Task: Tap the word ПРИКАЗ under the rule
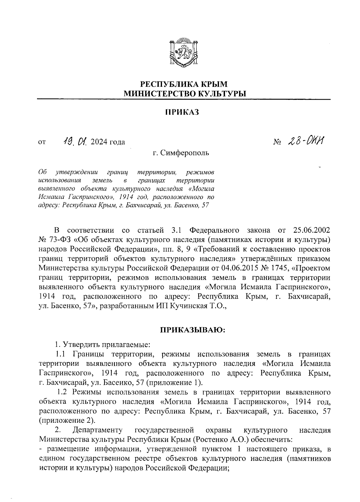[182, 112]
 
